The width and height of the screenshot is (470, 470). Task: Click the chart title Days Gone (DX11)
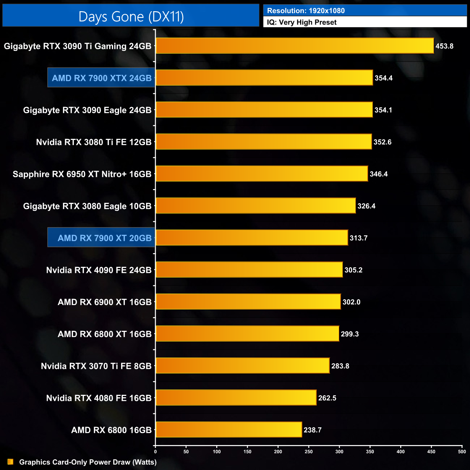pyautogui.click(x=131, y=17)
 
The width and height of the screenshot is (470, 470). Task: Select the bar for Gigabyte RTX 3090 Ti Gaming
pyautogui.click(x=295, y=46)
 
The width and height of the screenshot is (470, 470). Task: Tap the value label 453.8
pyautogui.click(x=444, y=46)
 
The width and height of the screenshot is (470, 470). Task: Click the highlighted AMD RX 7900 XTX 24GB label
pyautogui.click(x=102, y=78)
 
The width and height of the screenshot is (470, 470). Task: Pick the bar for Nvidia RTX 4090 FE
pyautogui.click(x=249, y=270)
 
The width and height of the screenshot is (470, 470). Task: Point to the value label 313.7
pyautogui.click(x=358, y=238)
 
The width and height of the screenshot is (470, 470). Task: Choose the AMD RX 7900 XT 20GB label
pyautogui.click(x=104, y=238)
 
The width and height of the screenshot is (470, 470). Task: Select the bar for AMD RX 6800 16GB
pyautogui.click(x=229, y=430)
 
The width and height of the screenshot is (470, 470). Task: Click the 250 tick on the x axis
pyautogui.click(x=309, y=452)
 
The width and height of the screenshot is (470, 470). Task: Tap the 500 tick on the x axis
pyautogui.click(x=462, y=452)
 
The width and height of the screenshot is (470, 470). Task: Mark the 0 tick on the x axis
pyautogui.click(x=155, y=452)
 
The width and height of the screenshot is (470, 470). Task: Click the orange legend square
pyautogui.click(x=10, y=462)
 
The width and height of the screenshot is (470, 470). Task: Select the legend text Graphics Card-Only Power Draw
pyautogui.click(x=88, y=462)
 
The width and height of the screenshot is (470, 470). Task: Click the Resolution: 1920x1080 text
pyautogui.click(x=306, y=11)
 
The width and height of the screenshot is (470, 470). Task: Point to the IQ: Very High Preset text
pyautogui.click(x=302, y=22)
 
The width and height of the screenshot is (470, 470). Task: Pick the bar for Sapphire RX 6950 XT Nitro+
pyautogui.click(x=262, y=174)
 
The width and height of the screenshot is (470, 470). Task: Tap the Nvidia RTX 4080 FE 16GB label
pyautogui.click(x=99, y=398)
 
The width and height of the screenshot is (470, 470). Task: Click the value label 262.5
pyautogui.click(x=327, y=398)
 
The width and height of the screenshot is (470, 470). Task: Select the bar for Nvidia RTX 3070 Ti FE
pyautogui.click(x=243, y=366)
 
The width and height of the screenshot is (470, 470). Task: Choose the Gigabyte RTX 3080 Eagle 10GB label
pyautogui.click(x=87, y=206)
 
